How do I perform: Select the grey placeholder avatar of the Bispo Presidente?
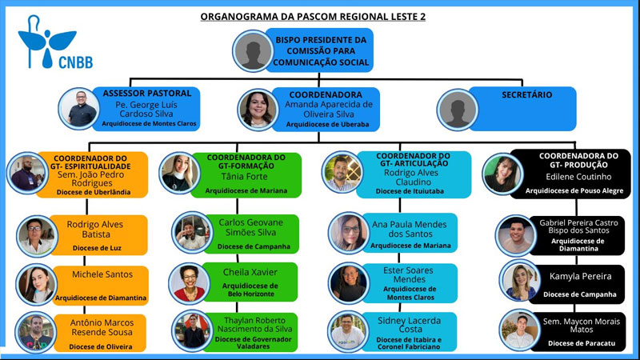coord(254,51)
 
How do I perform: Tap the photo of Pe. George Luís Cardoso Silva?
coord(79,109)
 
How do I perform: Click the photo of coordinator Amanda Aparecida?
coord(258,109)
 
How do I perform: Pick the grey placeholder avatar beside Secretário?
coord(458,109)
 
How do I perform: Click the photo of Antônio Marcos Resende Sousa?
coord(34,332)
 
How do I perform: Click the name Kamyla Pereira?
coord(580,276)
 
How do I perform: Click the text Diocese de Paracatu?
coord(581,343)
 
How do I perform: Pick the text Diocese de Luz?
coord(98,248)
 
